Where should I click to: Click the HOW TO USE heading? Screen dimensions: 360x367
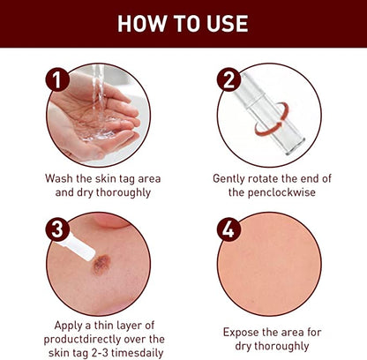point(183,24)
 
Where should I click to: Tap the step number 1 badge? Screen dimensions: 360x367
point(58,83)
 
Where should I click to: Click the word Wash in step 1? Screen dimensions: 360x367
point(64,177)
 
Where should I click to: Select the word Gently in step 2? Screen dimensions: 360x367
point(232,177)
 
